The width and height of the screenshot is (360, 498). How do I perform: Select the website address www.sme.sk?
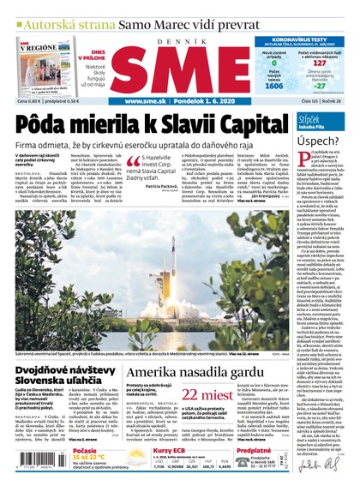(146, 101)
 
